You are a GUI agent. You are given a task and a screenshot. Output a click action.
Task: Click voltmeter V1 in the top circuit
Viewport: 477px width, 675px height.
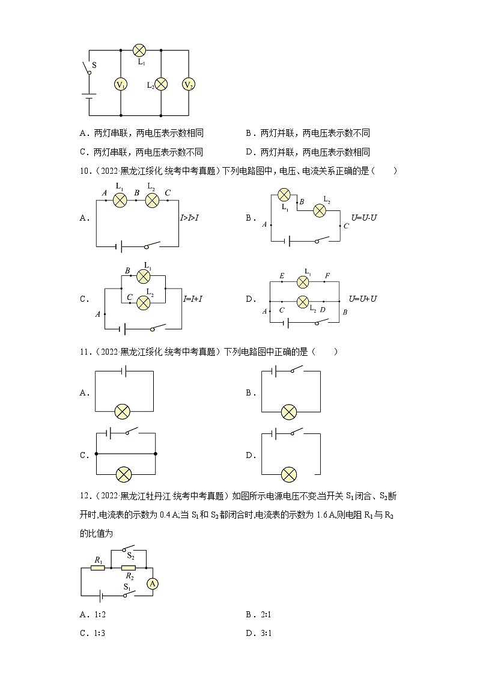(x=121, y=84)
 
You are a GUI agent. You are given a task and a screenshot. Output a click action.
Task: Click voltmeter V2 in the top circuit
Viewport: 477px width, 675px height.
(x=189, y=84)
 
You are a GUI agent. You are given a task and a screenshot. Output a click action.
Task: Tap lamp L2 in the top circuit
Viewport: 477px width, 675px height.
(x=161, y=84)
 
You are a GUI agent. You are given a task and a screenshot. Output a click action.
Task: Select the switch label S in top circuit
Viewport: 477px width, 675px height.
(x=94, y=64)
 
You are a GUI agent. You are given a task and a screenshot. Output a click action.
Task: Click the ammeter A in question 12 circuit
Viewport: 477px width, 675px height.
(x=153, y=584)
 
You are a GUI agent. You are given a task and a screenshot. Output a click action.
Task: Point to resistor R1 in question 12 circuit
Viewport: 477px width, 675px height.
(x=98, y=567)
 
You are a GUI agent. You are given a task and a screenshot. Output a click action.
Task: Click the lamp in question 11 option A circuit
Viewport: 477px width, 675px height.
(x=123, y=412)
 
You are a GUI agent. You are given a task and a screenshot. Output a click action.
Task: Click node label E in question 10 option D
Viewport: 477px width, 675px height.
(x=282, y=276)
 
